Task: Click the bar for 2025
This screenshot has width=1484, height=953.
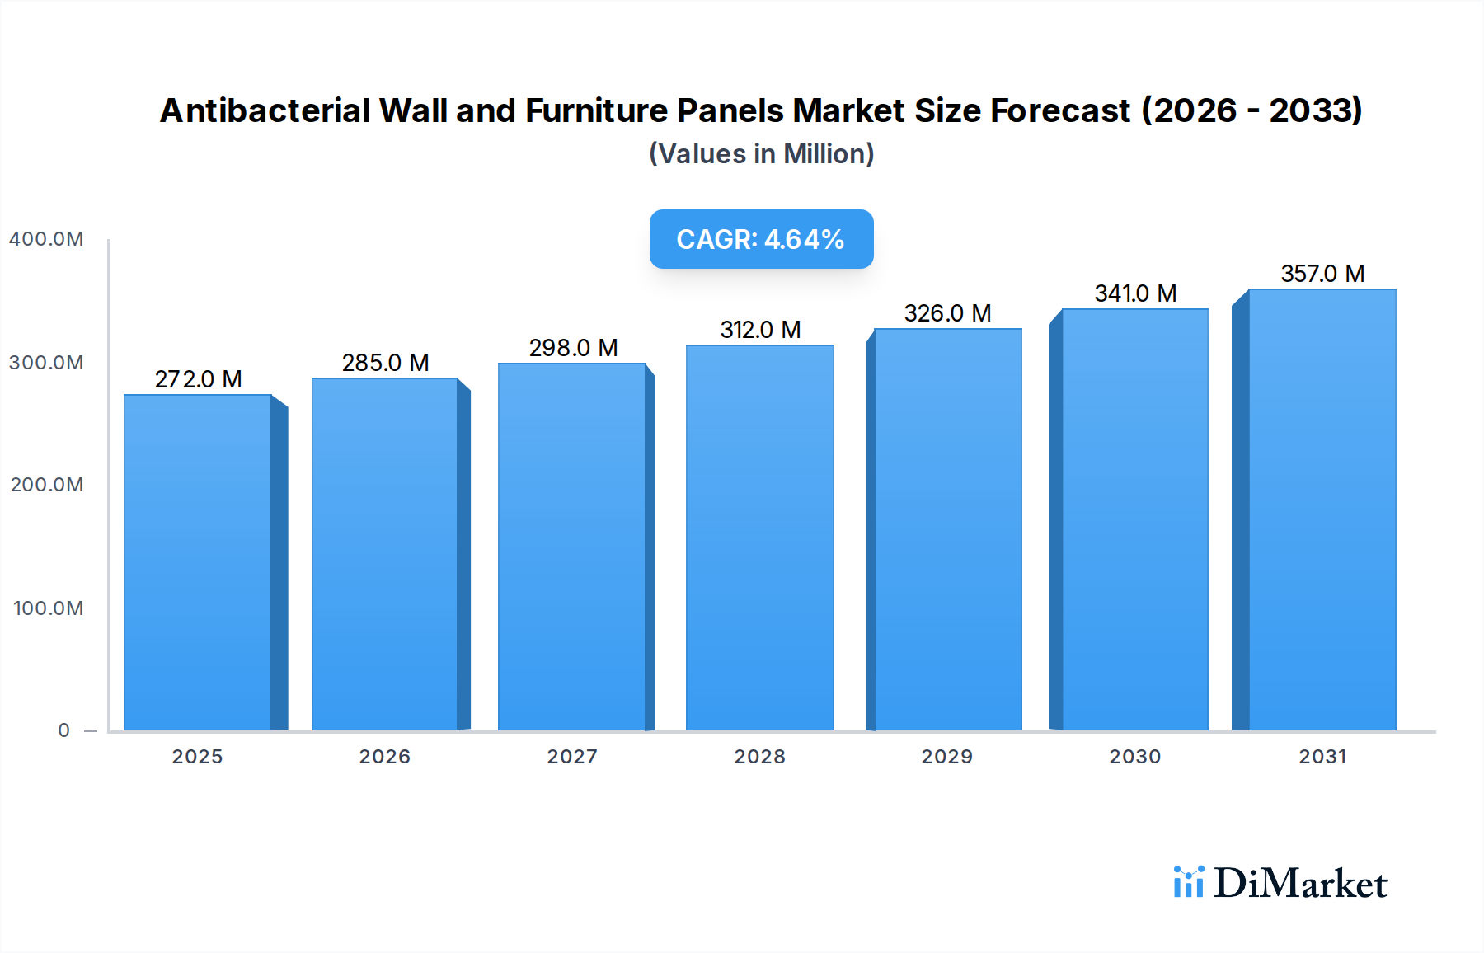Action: [x=198, y=562]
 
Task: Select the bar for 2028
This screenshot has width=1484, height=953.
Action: [x=759, y=538]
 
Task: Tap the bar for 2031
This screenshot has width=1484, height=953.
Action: [x=1322, y=509]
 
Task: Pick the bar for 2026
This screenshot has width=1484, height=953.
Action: [x=384, y=554]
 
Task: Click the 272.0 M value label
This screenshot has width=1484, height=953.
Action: [x=198, y=379]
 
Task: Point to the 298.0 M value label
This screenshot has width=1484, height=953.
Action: [x=573, y=348]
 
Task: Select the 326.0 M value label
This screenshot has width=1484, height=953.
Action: [x=947, y=313]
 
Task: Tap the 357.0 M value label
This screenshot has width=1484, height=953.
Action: [x=1322, y=274]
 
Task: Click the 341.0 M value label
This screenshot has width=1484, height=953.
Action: [x=1135, y=293]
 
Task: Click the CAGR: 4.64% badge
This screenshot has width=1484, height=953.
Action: [x=761, y=239]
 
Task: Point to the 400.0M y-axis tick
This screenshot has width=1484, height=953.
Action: [x=46, y=239]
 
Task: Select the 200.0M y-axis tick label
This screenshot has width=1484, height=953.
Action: [x=46, y=485]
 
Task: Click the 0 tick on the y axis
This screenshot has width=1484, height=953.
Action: [x=63, y=730]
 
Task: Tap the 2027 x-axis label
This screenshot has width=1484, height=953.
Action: [x=572, y=757]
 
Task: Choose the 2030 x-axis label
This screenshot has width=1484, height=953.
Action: [x=1134, y=757]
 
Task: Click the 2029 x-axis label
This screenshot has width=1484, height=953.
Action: [x=946, y=757]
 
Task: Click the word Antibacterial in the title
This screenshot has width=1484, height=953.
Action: [x=265, y=110]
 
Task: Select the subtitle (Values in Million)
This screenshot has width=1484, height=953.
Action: [x=761, y=154]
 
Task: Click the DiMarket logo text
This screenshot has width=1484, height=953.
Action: [x=1300, y=884]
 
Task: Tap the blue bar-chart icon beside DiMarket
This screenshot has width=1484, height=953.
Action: [x=1188, y=882]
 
